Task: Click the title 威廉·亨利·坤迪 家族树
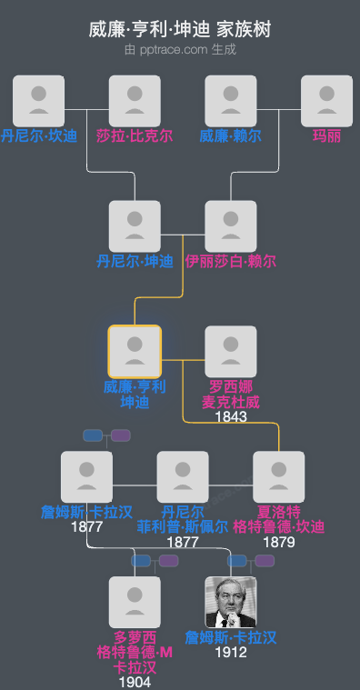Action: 180,29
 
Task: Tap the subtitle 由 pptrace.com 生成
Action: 180,49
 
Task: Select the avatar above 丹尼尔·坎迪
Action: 39,101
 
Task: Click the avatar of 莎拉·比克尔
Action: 135,101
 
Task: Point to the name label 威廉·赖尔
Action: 231,136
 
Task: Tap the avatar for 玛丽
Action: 326,101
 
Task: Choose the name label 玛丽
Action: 326,136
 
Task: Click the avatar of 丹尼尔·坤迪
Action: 135,226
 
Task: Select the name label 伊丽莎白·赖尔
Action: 231,262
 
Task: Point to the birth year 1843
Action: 231,416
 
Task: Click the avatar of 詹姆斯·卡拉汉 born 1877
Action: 86,477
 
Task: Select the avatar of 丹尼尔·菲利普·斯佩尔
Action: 183,477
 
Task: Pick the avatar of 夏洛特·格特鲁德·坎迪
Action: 278,477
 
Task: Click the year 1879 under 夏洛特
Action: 278,542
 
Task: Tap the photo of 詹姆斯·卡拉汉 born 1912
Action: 231,603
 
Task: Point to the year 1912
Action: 231,652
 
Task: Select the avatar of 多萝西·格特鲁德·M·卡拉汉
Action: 135,603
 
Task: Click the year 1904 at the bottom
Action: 135,682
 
